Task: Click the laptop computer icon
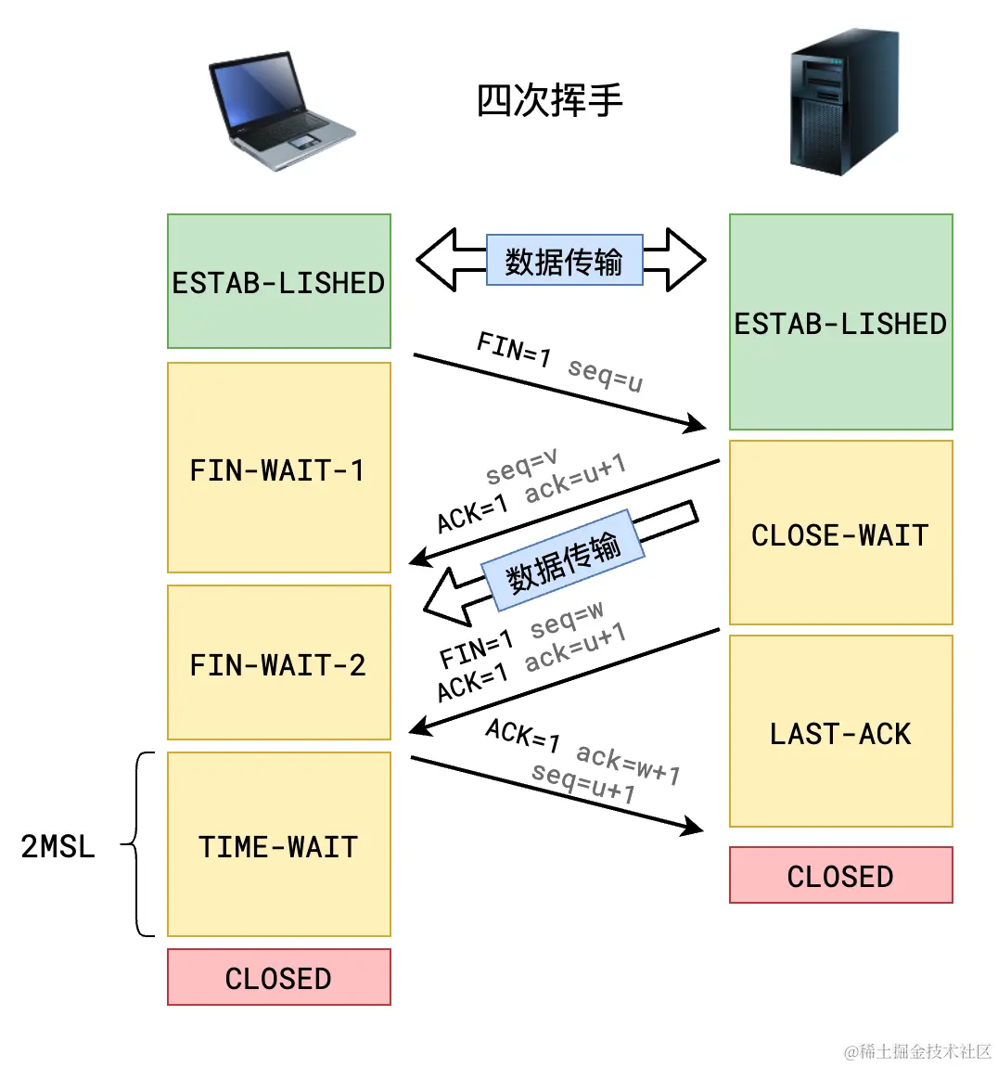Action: pos(281,111)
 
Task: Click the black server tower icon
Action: pos(844,102)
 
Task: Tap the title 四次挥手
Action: pos(549,100)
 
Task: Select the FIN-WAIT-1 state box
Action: pos(278,468)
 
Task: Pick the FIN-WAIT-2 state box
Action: pos(278,662)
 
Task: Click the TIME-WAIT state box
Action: pos(278,844)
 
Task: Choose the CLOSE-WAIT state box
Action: pos(840,533)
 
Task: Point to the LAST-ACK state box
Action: pos(840,731)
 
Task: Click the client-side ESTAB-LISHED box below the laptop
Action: pos(278,281)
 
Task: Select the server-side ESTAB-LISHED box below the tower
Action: pos(840,322)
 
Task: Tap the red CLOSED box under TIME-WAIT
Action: pos(278,977)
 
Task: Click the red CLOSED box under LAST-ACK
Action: pos(840,875)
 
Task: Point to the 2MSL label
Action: pos(58,845)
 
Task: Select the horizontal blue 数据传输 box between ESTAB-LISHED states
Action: pos(564,260)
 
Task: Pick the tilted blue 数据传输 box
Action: pos(562,561)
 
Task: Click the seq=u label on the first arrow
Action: pos(605,374)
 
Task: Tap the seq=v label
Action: pos(521,467)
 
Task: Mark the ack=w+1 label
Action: pos(628,764)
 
